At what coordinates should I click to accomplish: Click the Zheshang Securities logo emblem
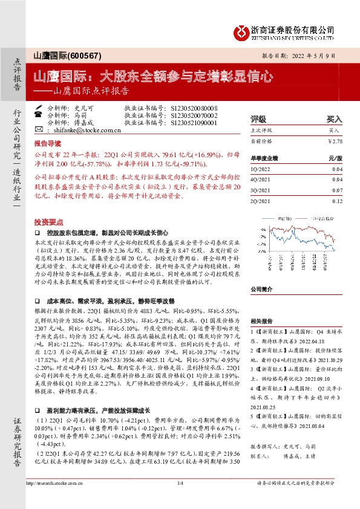[242, 30]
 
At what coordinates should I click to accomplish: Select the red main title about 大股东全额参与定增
[152, 77]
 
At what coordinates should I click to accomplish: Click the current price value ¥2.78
[335, 141]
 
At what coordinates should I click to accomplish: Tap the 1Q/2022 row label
[261, 169]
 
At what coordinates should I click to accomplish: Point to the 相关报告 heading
[262, 322]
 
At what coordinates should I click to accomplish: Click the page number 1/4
[180, 500]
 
